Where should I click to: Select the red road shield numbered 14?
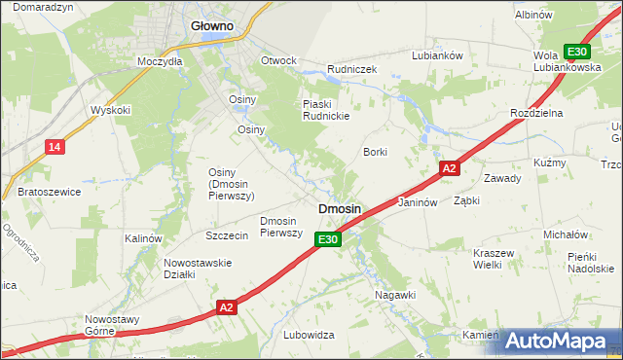[55, 147]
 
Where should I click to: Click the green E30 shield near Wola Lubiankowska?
[577, 52]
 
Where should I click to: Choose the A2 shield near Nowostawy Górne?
[226, 307]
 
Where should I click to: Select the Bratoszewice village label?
[49, 192]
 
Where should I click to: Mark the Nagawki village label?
[395, 294]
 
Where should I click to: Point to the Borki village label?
[375, 152]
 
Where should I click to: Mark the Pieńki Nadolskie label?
[590, 262]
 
